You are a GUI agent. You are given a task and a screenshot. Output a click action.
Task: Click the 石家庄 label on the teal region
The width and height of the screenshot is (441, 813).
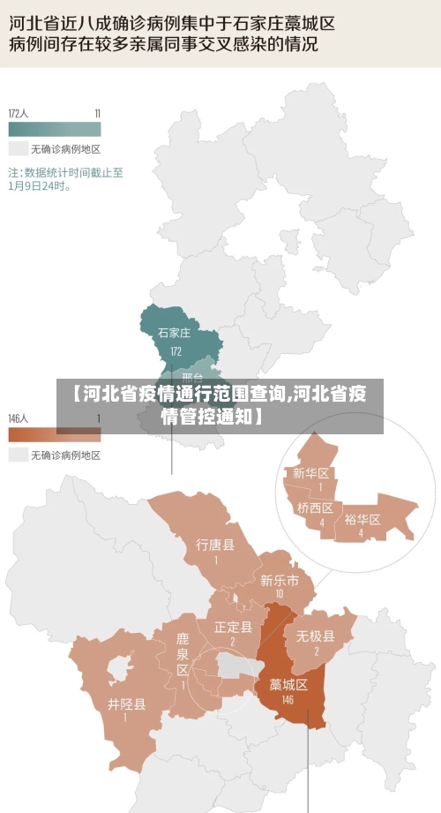coord(174,333)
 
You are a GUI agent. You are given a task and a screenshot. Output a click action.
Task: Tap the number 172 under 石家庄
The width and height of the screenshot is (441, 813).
coord(175,350)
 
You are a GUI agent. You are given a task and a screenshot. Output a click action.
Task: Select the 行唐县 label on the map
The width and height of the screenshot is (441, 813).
coord(215,546)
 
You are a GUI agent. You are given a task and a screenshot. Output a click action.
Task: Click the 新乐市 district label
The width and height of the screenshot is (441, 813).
coord(279,580)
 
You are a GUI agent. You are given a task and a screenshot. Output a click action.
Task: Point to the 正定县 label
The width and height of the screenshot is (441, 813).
coord(233,627)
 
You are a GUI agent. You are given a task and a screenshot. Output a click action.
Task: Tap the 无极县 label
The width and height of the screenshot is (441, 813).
coord(315,636)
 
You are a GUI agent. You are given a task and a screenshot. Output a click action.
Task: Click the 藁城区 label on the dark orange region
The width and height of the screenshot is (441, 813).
coord(288,684)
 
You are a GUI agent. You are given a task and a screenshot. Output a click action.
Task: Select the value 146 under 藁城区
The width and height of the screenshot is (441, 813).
coord(288,700)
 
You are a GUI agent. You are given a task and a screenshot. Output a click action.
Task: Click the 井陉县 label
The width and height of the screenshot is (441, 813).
coord(127,704)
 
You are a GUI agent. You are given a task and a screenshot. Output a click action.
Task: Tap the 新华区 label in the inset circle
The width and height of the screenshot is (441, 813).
coord(311,473)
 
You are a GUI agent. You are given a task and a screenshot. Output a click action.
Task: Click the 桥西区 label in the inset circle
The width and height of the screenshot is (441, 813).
coord(315,508)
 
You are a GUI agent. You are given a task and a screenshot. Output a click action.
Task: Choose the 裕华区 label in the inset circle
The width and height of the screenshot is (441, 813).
coord(362,519)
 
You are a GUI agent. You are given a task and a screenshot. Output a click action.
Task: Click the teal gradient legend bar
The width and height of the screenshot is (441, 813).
coord(55,128)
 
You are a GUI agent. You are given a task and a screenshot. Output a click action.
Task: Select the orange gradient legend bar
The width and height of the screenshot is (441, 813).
coord(55,434)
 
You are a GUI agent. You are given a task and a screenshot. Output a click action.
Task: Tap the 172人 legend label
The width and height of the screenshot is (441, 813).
coord(19,113)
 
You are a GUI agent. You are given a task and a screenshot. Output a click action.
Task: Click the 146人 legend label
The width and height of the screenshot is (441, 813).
coord(19,418)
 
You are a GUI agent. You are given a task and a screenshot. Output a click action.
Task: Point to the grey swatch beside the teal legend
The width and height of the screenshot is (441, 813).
coord(18,149)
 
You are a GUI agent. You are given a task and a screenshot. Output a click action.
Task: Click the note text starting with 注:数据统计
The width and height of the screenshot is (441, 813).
coord(65,179)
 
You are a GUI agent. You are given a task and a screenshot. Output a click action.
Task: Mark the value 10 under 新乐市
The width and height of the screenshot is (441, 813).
coord(279,594)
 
